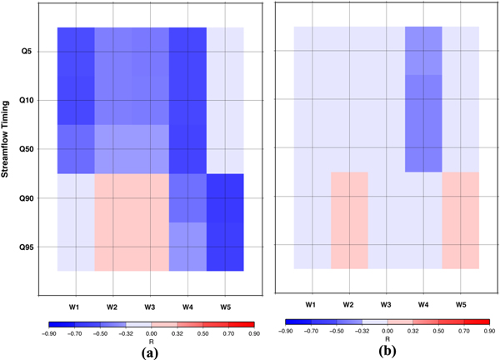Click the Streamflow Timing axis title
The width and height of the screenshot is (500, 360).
(7, 149)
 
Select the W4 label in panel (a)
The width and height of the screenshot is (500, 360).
(187, 306)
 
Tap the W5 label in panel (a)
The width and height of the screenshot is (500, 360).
(225, 306)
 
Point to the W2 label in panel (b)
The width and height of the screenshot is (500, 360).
(349, 304)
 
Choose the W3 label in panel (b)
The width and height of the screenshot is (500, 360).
(387, 304)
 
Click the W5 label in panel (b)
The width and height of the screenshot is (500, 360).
(461, 304)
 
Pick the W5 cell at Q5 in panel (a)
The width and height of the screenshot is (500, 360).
(225, 52)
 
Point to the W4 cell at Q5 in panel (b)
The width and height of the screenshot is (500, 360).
(424, 51)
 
